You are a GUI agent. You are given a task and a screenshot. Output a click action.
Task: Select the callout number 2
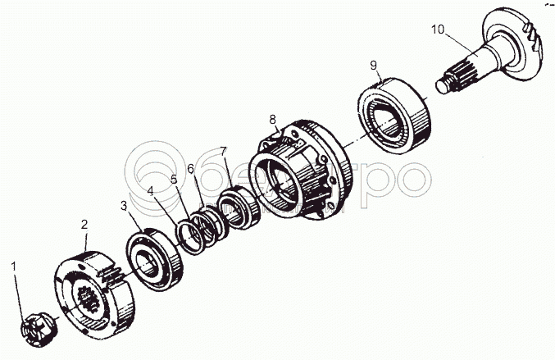coord(84,223)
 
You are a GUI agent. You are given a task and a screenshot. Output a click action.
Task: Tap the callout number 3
coord(125,205)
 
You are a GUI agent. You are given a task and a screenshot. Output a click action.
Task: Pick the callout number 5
coord(174,179)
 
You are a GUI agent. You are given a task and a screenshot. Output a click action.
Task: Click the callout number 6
coord(190,168)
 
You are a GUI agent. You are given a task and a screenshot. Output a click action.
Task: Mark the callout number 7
coord(223,151)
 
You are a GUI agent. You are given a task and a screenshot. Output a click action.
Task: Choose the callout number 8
coord(274,120)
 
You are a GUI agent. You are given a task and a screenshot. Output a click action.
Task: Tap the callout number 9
coord(373,65)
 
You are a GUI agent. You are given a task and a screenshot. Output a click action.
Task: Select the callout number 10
coord(438,30)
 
